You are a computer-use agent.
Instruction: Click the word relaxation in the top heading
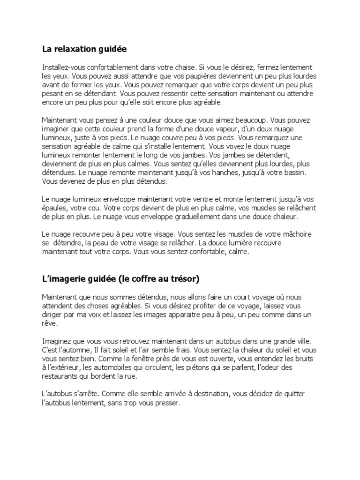coord(75,49)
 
